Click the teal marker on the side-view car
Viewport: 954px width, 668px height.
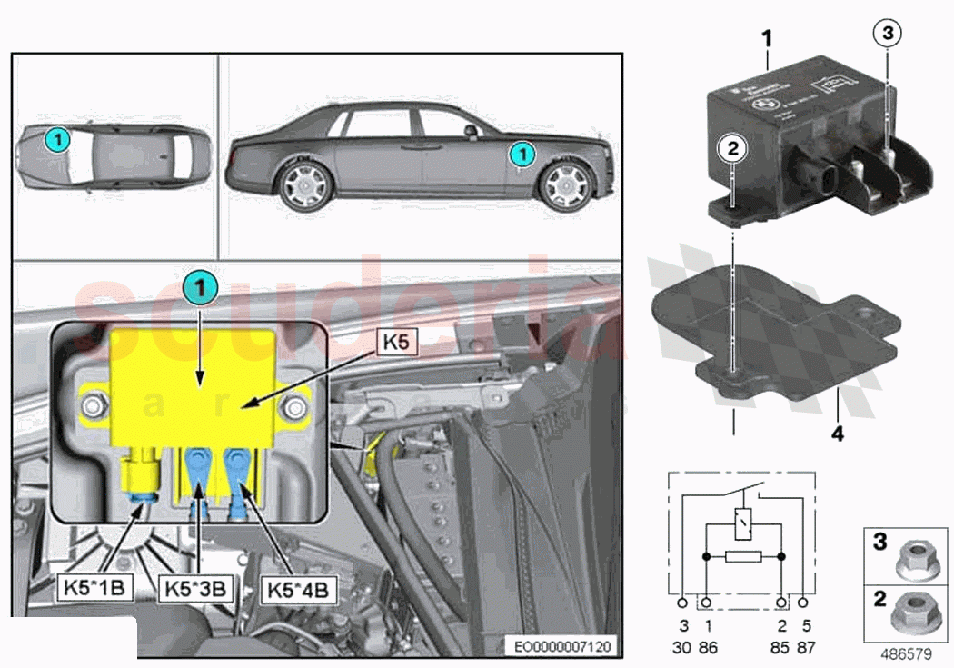coord(522,152)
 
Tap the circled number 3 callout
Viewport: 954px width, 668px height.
coord(889,34)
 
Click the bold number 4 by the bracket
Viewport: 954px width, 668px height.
coord(837,434)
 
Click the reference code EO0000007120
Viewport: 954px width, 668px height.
coord(562,646)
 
